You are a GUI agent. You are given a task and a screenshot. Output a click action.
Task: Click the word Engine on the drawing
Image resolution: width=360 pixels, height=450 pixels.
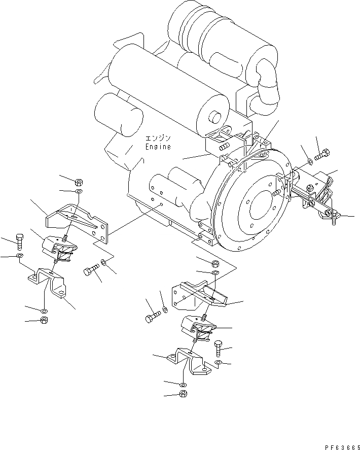[x=159, y=147]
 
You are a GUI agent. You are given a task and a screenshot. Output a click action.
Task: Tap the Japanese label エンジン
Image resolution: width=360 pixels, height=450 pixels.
[x=159, y=138]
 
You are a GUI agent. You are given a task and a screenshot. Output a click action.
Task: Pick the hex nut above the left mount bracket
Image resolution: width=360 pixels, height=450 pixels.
[x=79, y=182]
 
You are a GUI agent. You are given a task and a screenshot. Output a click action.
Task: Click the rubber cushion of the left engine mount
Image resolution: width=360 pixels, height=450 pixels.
[x=59, y=249]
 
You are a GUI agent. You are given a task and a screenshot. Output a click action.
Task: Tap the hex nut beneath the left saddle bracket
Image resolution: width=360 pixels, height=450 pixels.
[x=44, y=320]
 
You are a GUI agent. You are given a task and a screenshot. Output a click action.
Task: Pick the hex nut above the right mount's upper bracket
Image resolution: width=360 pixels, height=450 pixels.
[x=214, y=263]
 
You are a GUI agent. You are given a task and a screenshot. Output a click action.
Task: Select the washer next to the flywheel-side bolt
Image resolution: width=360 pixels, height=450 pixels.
[x=309, y=162]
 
